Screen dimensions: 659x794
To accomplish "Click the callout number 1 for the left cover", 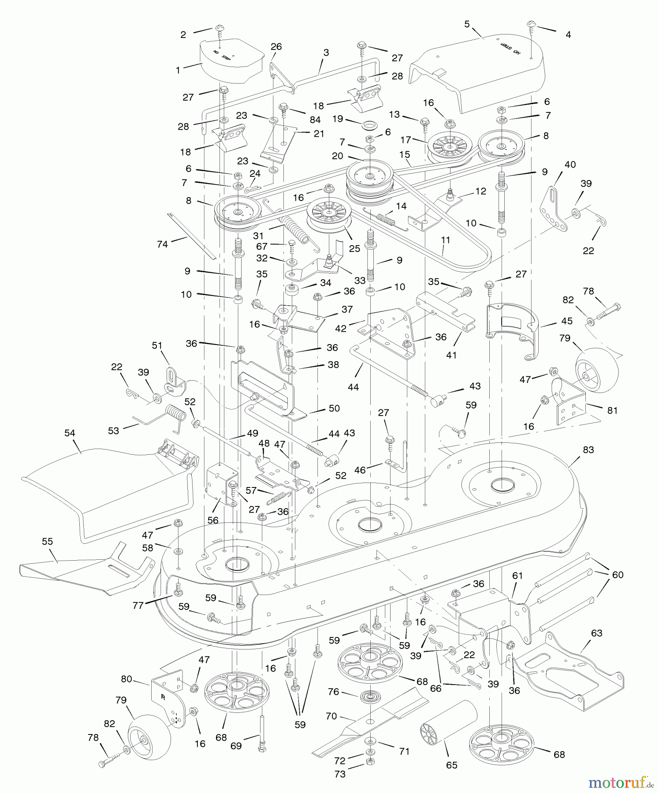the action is pos(178,70).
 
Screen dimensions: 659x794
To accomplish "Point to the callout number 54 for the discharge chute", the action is pos(70,433).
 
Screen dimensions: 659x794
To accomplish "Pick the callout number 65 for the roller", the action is pos(451,765).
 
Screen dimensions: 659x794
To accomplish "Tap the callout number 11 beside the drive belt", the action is pos(446,240).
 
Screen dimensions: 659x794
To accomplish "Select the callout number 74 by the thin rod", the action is pos(162,244).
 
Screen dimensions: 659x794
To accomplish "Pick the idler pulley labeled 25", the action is pos(328,215).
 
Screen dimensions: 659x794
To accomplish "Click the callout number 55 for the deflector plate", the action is pos(47,541).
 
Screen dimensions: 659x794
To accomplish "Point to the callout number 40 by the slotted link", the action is pos(570,165).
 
